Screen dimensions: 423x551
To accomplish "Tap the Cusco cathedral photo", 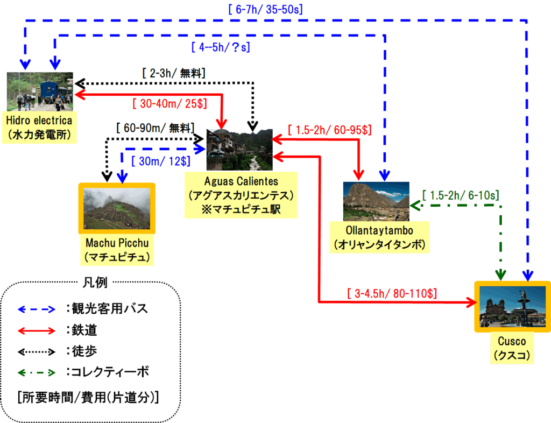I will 512,307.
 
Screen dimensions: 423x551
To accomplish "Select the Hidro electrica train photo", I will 40,91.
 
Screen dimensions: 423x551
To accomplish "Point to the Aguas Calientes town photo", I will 240,150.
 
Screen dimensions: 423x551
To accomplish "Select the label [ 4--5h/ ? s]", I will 221,47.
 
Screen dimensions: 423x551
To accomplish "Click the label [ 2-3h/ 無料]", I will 174,72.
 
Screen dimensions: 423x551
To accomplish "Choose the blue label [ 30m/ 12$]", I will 160,161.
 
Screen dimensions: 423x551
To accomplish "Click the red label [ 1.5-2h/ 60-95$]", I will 330,130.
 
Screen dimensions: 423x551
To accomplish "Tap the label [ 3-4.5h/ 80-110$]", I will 392,293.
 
